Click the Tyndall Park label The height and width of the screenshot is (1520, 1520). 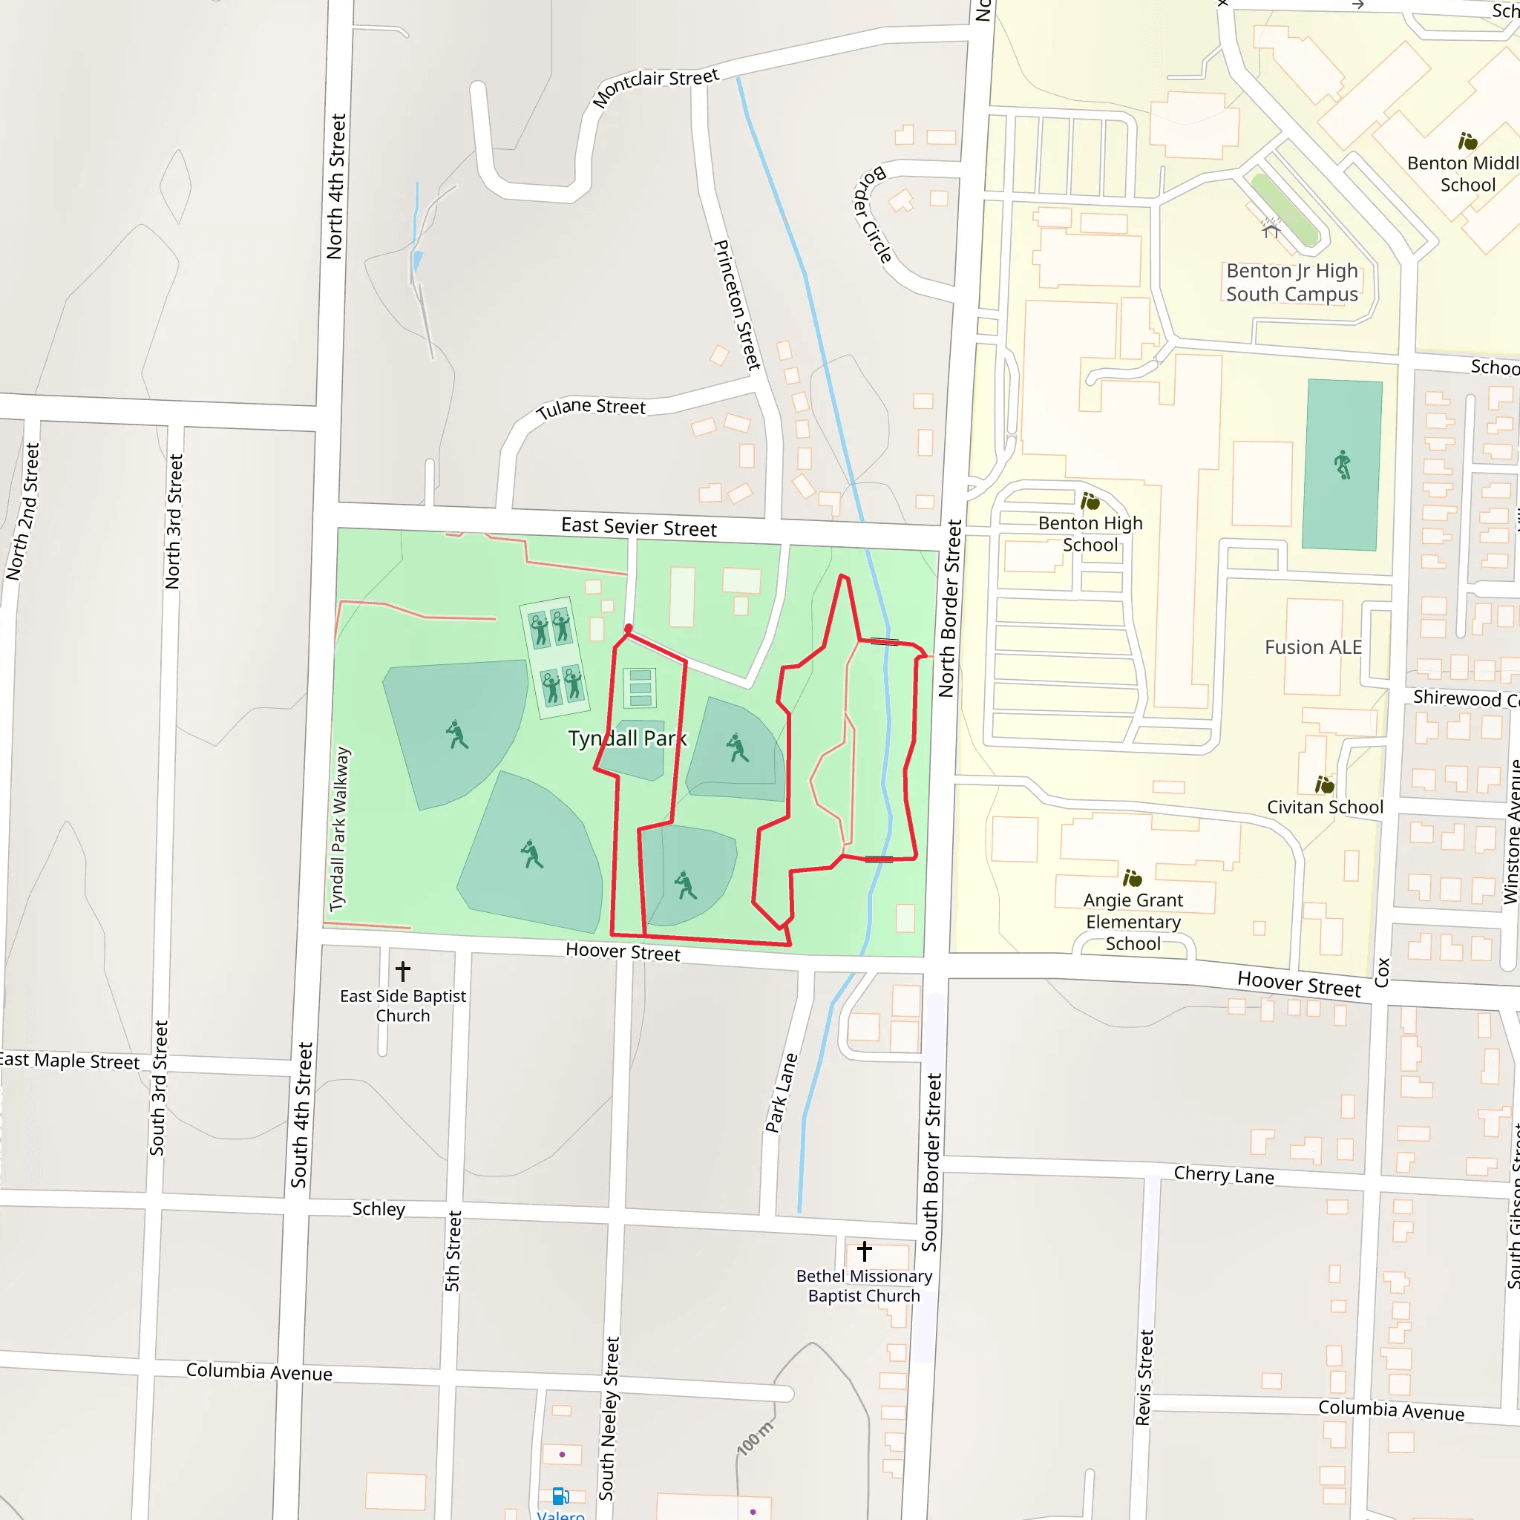click(x=627, y=738)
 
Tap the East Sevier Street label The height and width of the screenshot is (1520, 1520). click(x=638, y=527)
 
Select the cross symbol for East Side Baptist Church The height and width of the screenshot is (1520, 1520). click(x=403, y=971)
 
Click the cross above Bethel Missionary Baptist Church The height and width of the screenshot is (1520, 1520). click(x=864, y=1251)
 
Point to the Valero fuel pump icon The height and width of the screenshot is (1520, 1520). click(x=560, y=1496)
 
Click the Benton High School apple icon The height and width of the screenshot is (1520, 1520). click(x=1090, y=501)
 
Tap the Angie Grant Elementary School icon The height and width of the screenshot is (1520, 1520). click(x=1132, y=877)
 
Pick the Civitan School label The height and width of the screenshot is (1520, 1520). click(x=1324, y=807)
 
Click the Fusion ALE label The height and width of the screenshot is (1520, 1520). click(x=1312, y=646)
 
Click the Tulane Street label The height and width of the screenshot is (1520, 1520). click(x=591, y=407)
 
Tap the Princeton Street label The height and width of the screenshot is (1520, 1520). click(x=736, y=304)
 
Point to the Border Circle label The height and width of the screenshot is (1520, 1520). click(x=874, y=214)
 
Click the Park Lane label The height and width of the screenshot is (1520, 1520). click(x=782, y=1092)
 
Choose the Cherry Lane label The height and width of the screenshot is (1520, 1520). click(x=1223, y=1176)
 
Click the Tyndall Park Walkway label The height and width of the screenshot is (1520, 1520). click(x=339, y=829)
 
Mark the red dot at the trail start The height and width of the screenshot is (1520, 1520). click(x=628, y=628)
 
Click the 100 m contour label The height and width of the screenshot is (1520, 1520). click(x=756, y=1438)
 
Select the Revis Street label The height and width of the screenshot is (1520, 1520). click(x=1144, y=1377)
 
